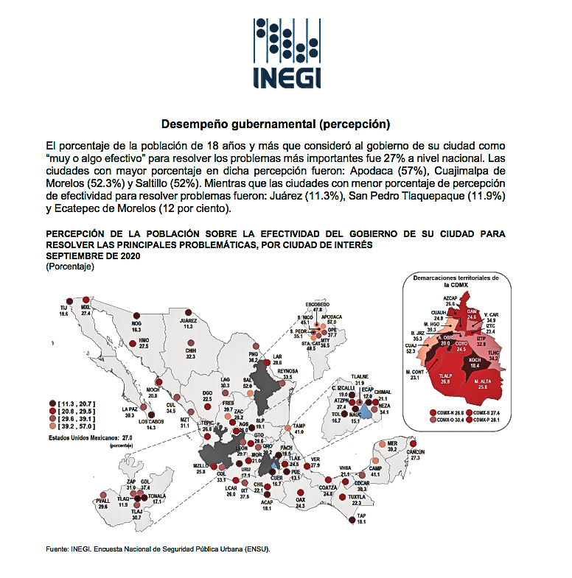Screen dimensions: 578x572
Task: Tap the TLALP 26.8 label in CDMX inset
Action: [444, 379]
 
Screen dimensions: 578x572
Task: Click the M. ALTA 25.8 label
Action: [483, 384]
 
